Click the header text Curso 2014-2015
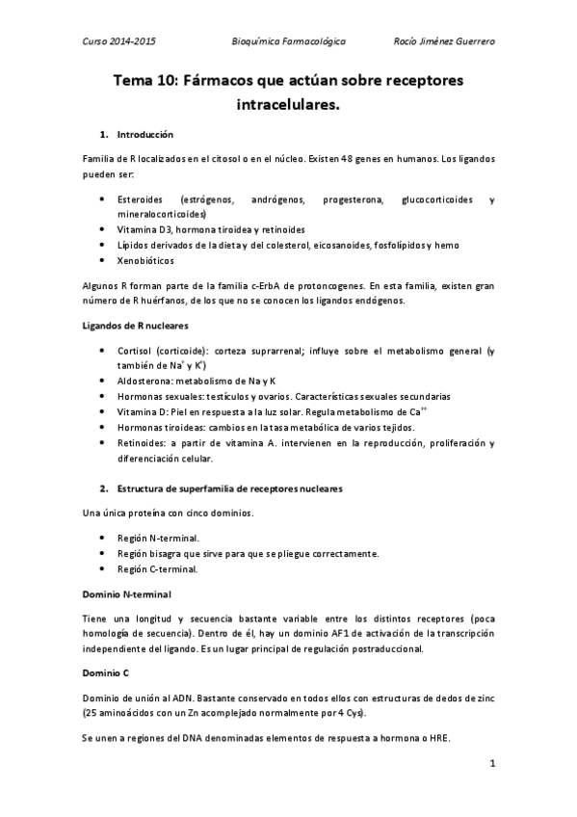coord(120,42)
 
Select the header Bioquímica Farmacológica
coord(289,42)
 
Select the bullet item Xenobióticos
coord(147,260)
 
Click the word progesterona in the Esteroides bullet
coord(340,199)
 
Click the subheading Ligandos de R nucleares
coord(136,325)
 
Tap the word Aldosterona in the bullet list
coord(145,381)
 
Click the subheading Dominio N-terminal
coord(128,593)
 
